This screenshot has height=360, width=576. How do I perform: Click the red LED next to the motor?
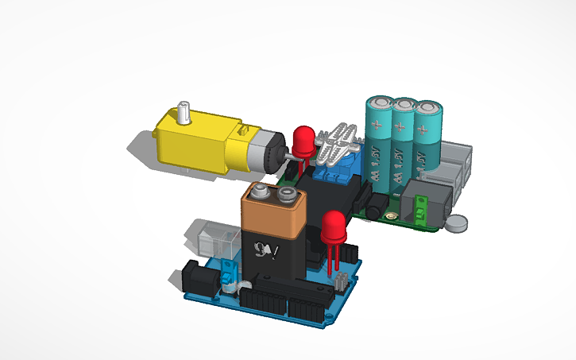303,141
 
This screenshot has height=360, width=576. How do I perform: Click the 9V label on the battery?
261,248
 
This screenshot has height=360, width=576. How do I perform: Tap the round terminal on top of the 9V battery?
261,192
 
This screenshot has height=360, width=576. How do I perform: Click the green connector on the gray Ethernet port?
421,209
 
